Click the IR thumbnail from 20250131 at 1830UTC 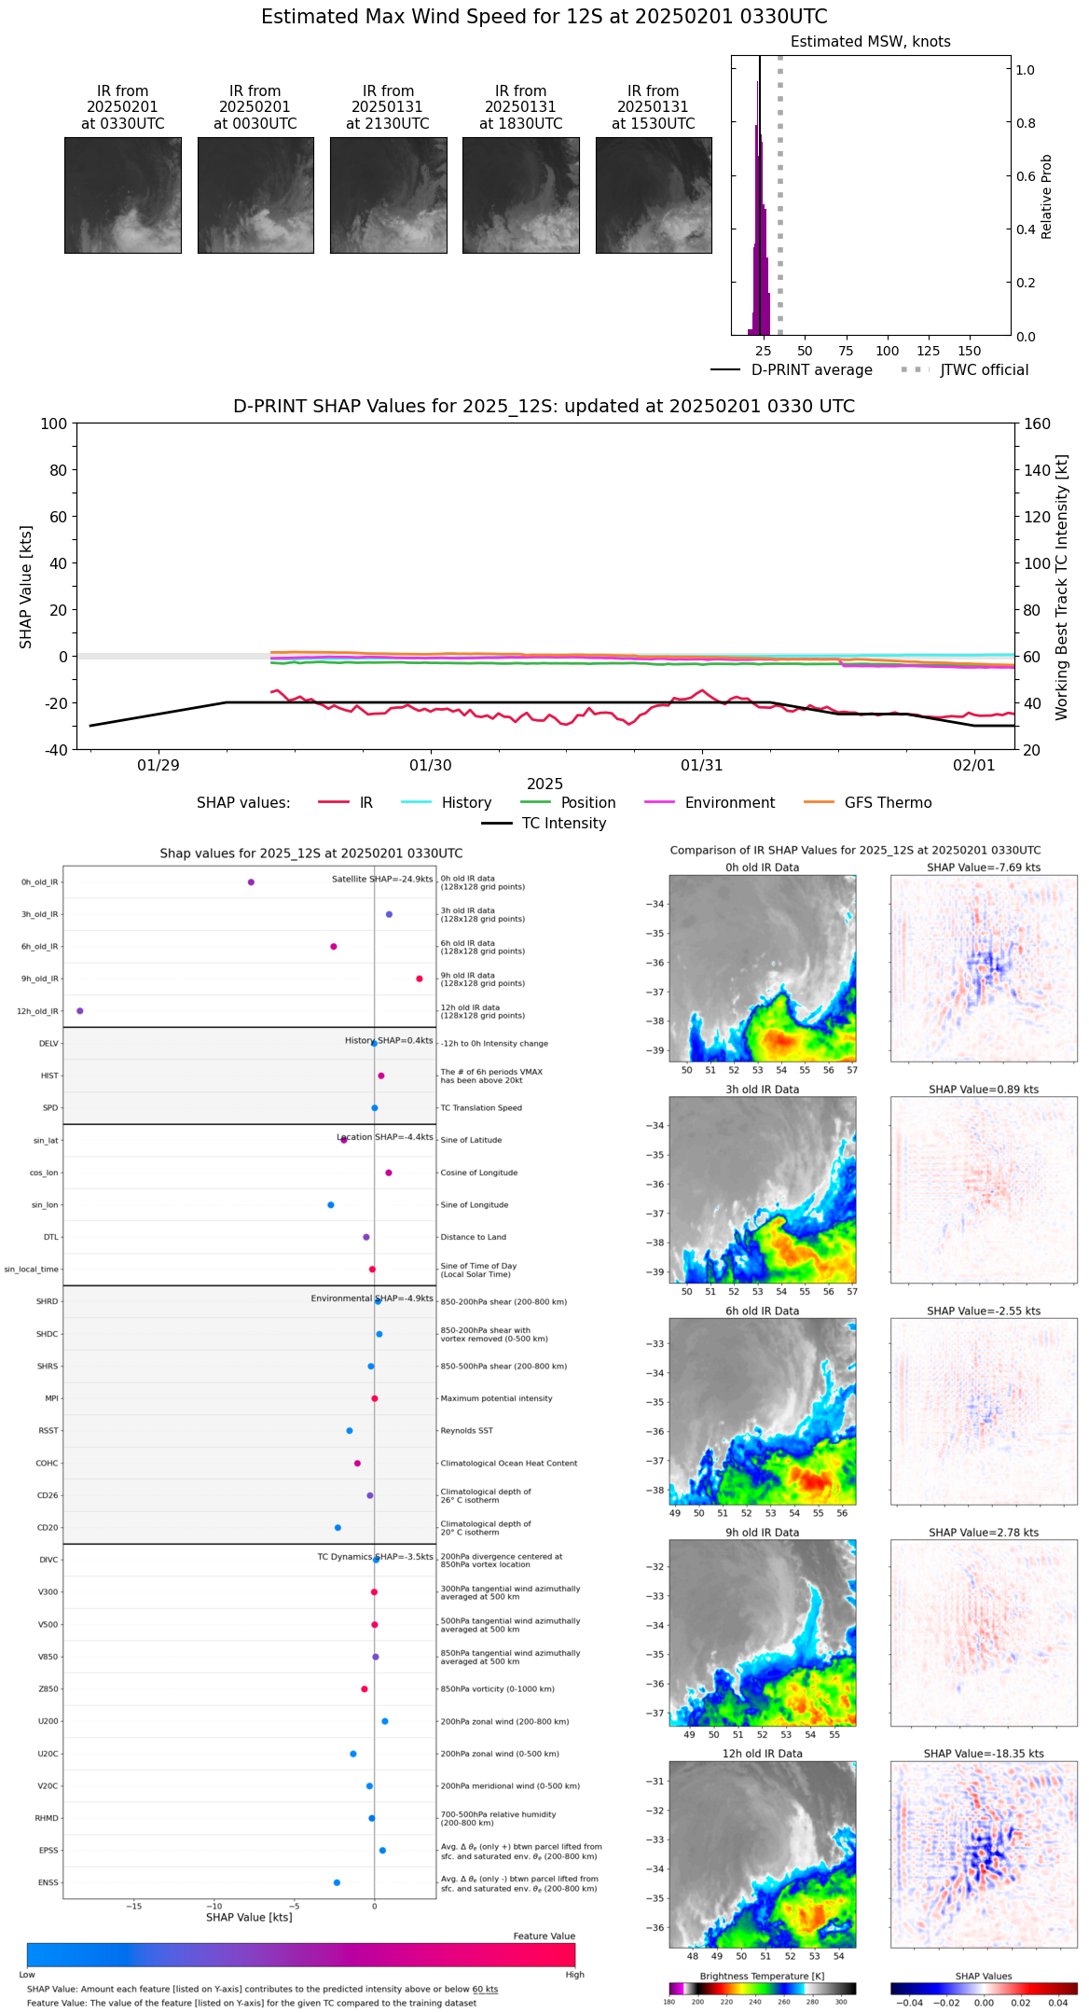520,195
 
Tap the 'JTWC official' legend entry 984,370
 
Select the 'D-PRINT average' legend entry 811,370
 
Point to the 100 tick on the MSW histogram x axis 887,351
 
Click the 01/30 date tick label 430,765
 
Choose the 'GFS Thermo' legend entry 888,803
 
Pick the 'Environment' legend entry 729,803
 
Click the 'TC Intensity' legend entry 563,824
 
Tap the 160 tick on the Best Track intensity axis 1037,423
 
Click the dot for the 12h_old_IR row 79,1011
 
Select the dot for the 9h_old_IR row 420,979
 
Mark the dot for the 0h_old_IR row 251,882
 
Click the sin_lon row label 45,1205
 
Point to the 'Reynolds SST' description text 466,1431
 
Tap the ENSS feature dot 337,1882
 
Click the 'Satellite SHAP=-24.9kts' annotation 382,880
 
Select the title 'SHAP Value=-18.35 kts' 984,1754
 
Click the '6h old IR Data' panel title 762,1312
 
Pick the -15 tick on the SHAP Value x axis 133,1906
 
